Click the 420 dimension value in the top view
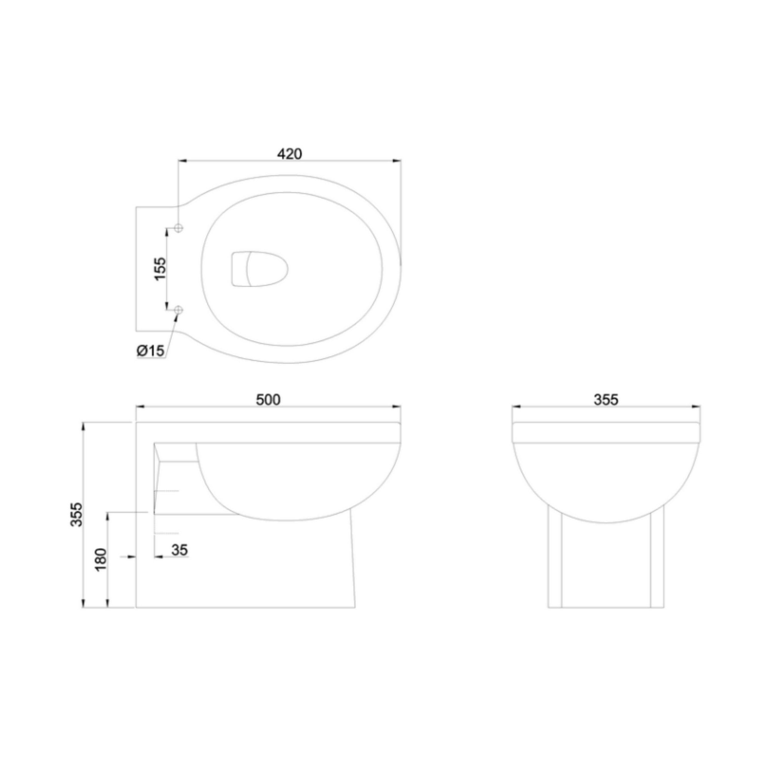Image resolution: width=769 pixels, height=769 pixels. (290, 154)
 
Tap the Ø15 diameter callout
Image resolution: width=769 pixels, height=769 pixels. (150, 351)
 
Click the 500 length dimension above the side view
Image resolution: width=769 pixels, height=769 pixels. (268, 399)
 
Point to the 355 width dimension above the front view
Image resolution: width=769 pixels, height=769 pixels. (606, 399)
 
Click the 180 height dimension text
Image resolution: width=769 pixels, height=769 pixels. (101, 559)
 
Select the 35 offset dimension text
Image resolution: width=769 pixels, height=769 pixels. (180, 551)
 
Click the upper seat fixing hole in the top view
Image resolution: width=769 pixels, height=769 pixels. (179, 228)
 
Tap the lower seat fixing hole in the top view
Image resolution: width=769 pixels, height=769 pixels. (179, 309)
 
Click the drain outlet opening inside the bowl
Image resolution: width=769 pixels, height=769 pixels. (259, 269)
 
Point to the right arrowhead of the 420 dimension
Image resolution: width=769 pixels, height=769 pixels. (397, 161)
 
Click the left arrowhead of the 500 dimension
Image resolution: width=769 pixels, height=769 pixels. (140, 407)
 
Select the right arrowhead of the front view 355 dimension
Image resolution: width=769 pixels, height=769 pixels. (696, 407)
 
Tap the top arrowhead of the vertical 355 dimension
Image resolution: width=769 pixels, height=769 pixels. (83, 426)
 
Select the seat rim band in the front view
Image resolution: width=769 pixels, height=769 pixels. (606, 433)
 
